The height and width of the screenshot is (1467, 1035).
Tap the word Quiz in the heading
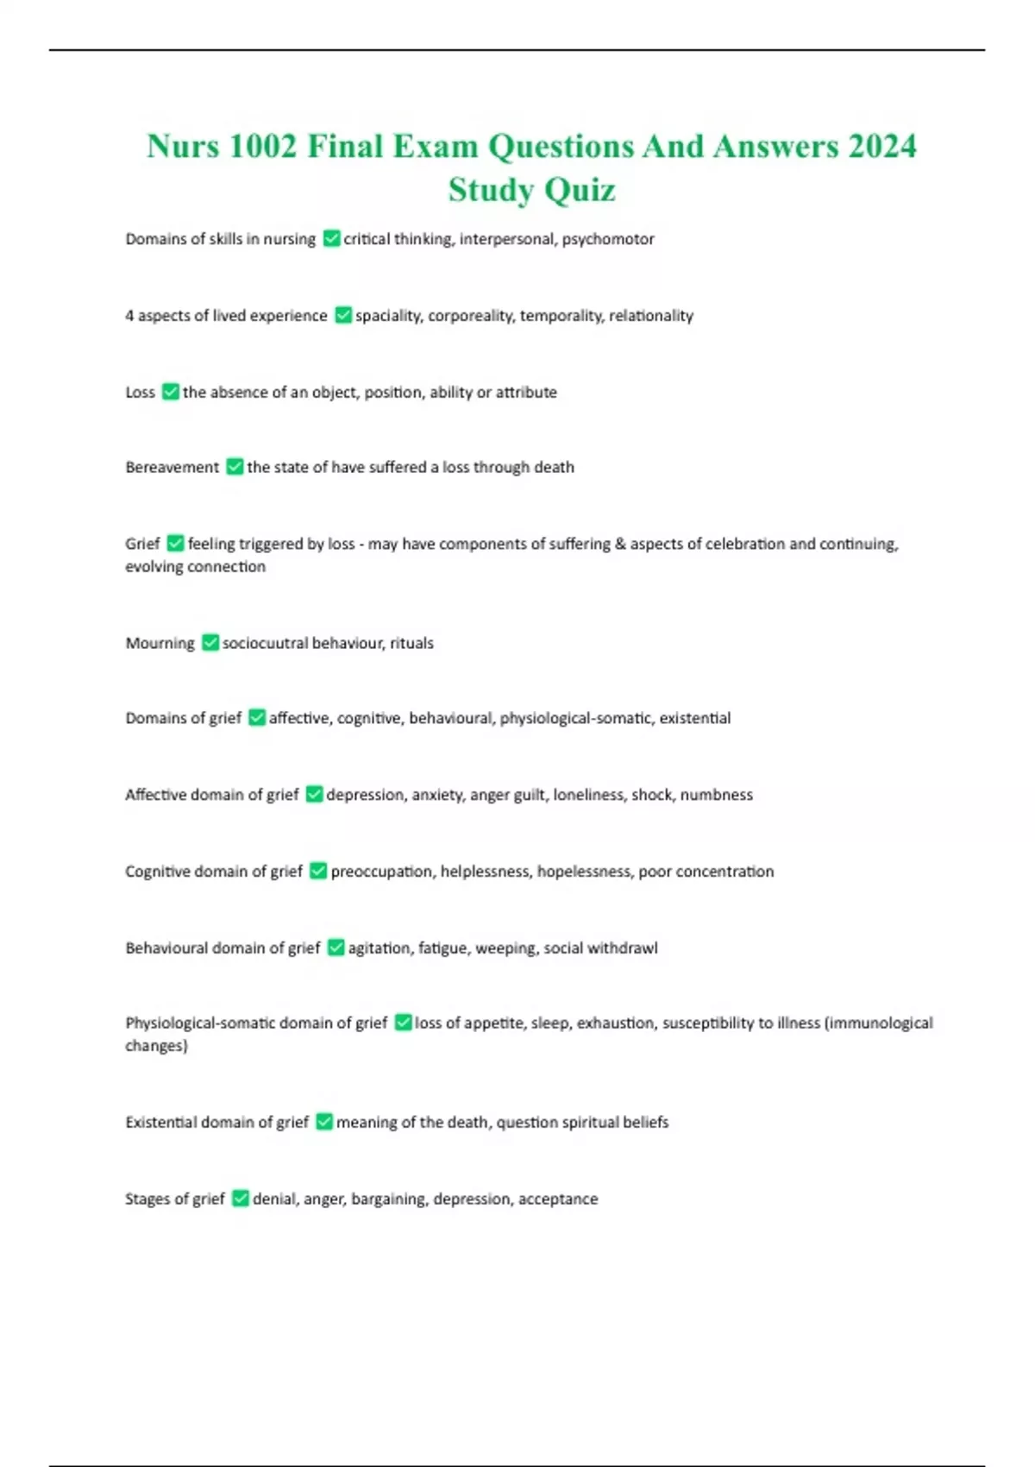(580, 190)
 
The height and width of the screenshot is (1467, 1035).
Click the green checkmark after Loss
(170, 392)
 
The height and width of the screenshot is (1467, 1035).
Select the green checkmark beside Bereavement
(234, 467)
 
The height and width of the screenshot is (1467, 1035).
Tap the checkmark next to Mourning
(210, 643)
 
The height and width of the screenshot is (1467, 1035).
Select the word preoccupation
(382, 872)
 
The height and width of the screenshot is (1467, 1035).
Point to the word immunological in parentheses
(881, 1023)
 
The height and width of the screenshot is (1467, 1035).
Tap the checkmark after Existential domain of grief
(323, 1122)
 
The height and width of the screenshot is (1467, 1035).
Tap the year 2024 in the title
(881, 146)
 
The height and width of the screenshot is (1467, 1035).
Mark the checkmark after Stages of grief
(240, 1199)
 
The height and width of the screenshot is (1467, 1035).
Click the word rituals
(411, 643)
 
